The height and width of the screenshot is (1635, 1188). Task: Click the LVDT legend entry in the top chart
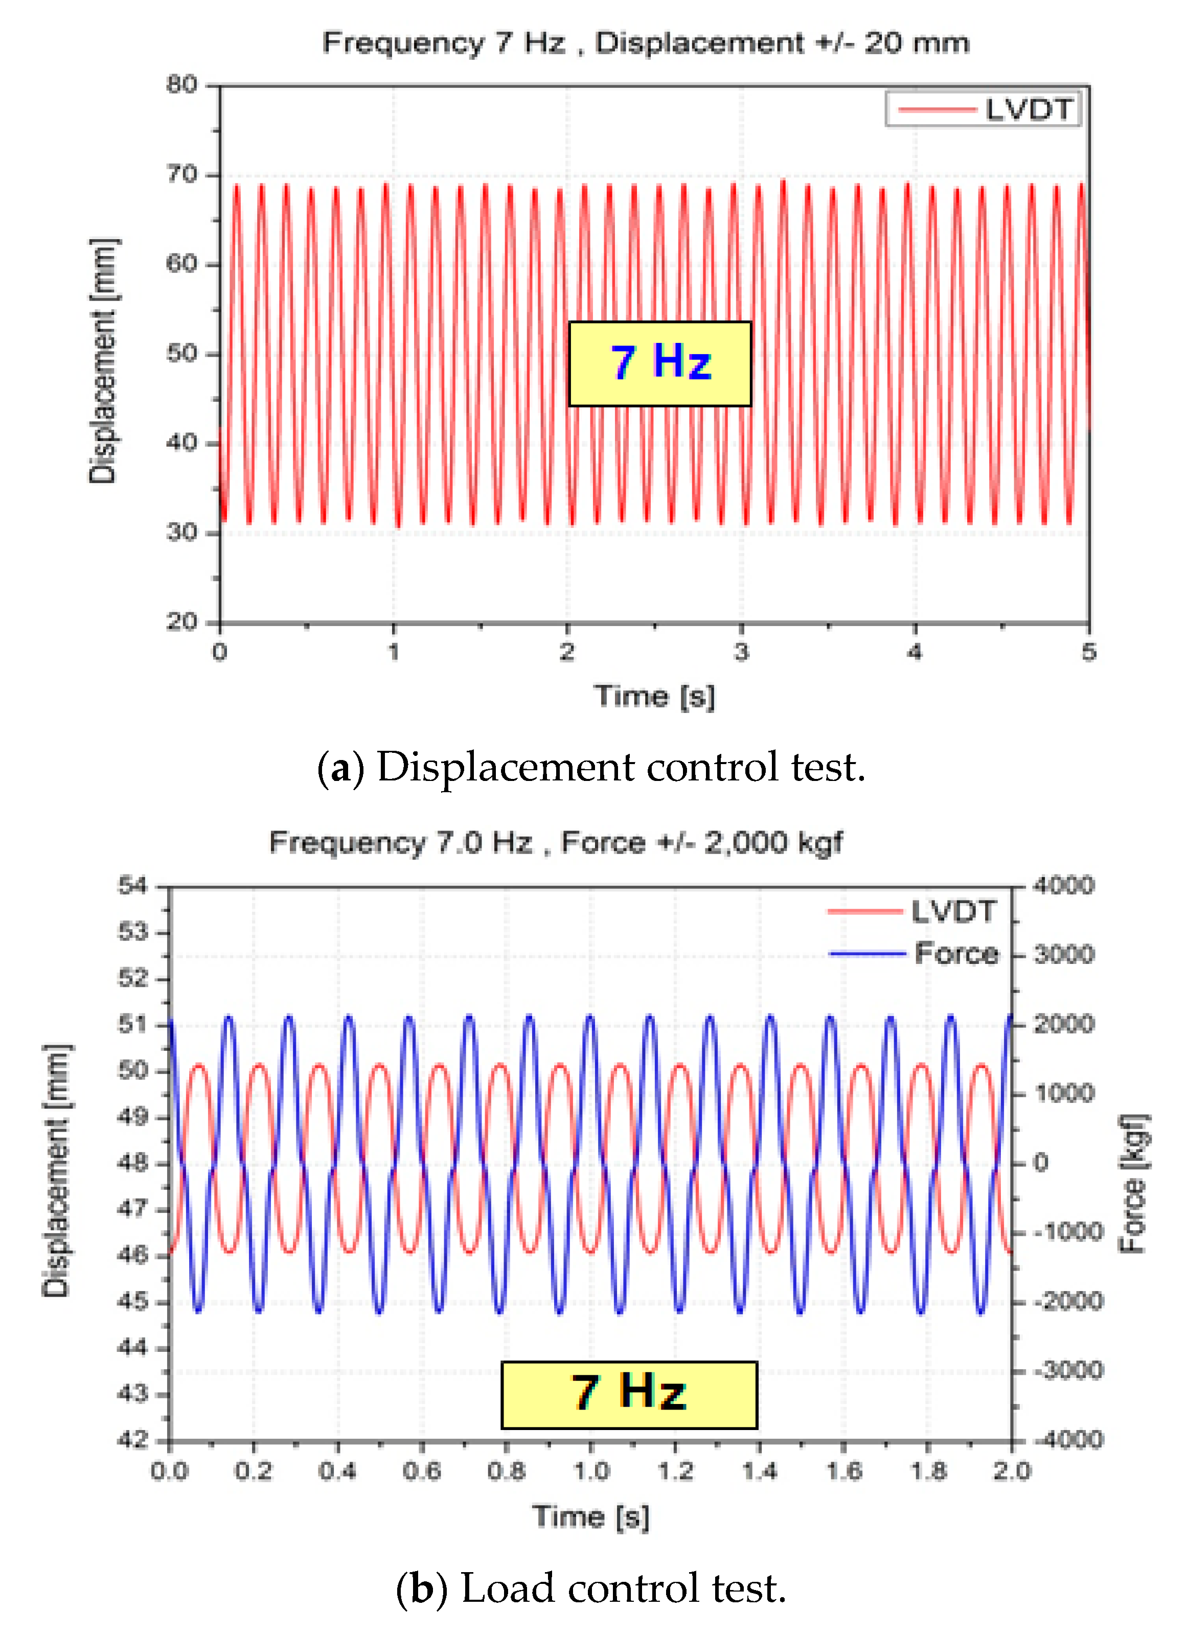(x=984, y=109)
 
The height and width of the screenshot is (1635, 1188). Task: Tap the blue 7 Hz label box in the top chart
(x=659, y=363)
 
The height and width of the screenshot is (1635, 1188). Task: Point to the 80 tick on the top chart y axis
(x=181, y=85)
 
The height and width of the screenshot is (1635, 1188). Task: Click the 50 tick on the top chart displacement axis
(x=181, y=353)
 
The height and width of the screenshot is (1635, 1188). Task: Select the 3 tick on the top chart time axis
(x=741, y=652)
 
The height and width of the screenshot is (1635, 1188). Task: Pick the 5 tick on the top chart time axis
(x=1088, y=652)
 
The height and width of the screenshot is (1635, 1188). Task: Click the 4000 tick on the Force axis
(x=1063, y=885)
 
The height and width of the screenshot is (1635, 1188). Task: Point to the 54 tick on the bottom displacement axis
(x=132, y=885)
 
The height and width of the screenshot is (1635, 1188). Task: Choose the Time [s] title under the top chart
(x=654, y=697)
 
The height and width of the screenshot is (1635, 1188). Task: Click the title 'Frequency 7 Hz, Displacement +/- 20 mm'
(x=645, y=43)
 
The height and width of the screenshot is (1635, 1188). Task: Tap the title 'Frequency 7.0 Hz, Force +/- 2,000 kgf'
(x=555, y=842)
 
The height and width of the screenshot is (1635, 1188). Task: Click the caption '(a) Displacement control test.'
(x=591, y=767)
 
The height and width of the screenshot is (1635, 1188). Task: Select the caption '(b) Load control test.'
(x=591, y=1589)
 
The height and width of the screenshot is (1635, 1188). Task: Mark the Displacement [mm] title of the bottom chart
(x=56, y=1169)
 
